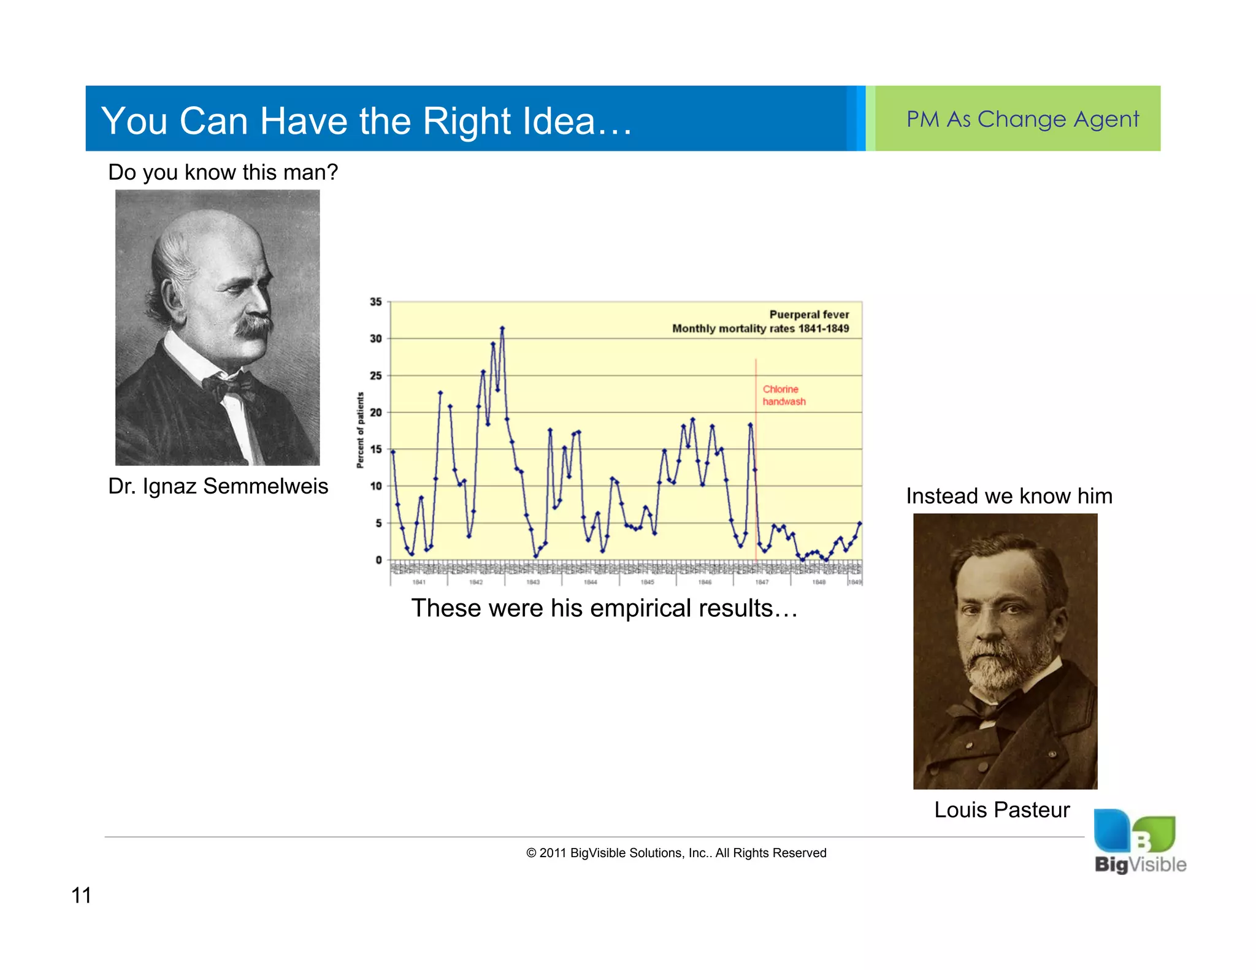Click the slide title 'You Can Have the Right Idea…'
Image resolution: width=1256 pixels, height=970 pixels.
[366, 120]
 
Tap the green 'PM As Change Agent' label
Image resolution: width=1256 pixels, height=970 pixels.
[1022, 119]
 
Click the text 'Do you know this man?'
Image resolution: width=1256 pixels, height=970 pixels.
[223, 172]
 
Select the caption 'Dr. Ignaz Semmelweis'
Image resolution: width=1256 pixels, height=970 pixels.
[218, 486]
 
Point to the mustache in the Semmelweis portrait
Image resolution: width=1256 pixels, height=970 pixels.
[255, 325]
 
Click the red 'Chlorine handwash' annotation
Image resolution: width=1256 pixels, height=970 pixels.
[783, 395]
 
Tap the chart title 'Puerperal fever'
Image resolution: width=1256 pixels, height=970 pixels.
[808, 315]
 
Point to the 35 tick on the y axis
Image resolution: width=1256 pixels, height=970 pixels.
[375, 302]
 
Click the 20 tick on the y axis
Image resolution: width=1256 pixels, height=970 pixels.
[375, 413]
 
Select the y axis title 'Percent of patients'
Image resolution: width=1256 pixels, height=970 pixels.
[361, 430]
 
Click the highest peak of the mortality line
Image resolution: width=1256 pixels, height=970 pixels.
[502, 329]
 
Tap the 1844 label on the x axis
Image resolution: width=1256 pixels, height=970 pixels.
[590, 582]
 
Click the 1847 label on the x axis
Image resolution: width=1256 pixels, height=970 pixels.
[762, 582]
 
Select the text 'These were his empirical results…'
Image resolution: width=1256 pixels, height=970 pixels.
[604, 608]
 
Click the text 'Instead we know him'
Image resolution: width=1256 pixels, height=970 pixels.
[1009, 496]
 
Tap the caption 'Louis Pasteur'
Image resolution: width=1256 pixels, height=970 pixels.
[1001, 810]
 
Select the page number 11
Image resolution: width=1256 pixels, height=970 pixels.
[81, 896]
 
